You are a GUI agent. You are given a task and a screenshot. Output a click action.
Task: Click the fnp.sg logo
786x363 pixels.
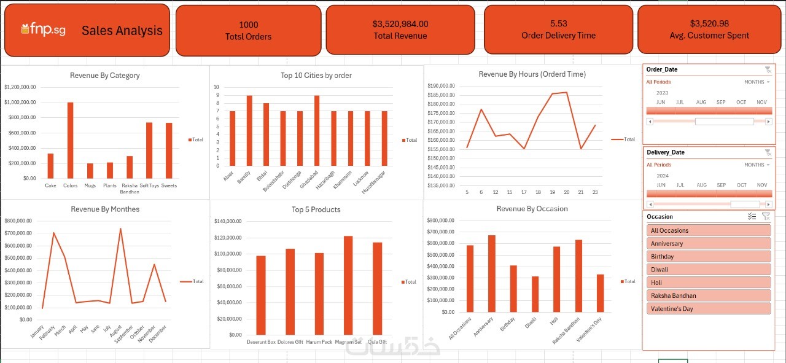45,29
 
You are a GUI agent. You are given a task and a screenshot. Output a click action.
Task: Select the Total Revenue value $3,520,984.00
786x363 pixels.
400,24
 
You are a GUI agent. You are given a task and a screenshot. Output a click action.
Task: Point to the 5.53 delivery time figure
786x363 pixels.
558,23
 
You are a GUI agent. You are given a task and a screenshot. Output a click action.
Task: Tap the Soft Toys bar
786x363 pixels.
149,150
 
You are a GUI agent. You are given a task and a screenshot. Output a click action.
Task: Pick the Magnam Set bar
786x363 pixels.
348,285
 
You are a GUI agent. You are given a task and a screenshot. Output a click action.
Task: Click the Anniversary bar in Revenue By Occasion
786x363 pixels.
491,273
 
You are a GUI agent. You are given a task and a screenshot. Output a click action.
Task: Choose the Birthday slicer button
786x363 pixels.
708,257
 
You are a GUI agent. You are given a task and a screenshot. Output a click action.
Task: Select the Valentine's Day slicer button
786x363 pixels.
708,308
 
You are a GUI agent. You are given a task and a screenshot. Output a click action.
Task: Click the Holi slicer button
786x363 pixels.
708,283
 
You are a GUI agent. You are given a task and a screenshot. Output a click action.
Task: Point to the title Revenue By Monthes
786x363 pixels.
105,209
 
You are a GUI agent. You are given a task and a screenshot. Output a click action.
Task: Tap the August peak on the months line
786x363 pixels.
120,229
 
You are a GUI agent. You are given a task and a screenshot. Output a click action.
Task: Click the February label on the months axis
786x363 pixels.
47,332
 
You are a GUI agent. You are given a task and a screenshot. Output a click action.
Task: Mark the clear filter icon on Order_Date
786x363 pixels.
768,69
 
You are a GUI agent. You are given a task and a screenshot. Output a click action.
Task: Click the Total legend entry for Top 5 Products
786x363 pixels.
408,282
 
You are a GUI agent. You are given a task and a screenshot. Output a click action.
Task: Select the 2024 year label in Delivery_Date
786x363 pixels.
663,176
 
